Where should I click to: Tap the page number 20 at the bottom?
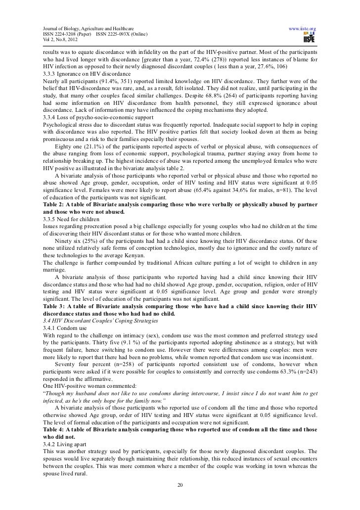click(x=180, y=483)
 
